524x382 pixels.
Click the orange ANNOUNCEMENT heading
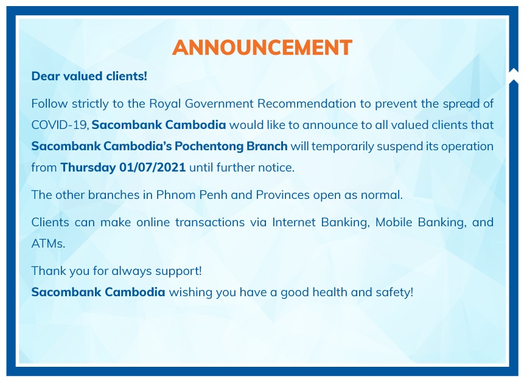point(262,47)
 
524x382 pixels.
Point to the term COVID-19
point(60,125)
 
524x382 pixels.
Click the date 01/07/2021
point(152,167)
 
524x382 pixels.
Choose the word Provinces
point(283,195)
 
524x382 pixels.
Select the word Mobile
point(394,222)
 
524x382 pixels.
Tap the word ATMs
point(48,243)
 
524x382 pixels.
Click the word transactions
point(210,222)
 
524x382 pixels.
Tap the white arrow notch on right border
point(514,76)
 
